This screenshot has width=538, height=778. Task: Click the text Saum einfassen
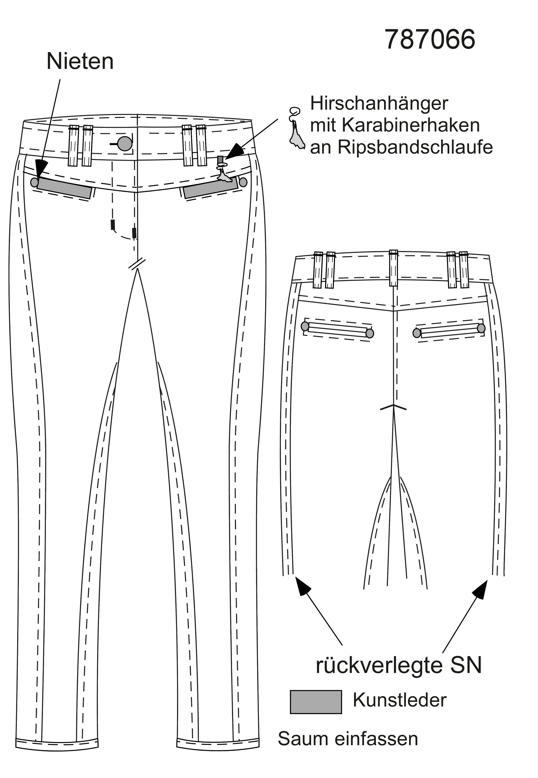348,739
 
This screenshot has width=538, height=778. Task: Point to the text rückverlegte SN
399,665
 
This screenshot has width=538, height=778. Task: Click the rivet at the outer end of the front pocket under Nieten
34,182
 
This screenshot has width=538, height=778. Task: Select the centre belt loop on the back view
393,268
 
